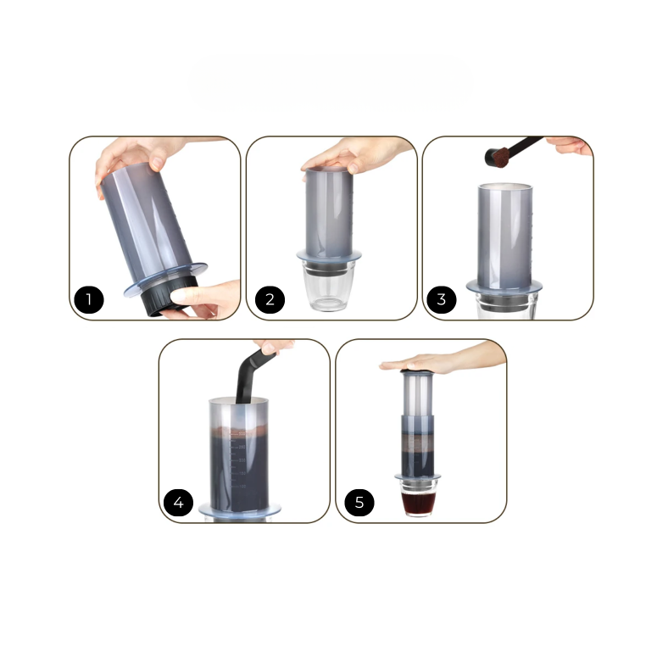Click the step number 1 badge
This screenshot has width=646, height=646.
coord(89,299)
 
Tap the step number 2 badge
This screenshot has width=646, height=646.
coord(270,299)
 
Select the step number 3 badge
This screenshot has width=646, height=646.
coord(441,299)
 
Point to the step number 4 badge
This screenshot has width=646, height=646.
coord(178,503)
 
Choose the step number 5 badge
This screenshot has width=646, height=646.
coord(359,503)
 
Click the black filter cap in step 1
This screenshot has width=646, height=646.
coord(168,296)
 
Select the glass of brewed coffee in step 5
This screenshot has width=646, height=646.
coord(418,498)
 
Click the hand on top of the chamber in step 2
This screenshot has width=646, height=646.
coord(356,156)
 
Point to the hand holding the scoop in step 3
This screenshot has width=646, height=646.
coord(571,146)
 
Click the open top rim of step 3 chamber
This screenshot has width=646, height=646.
coord(504,187)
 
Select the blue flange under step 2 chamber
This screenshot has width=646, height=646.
coord(329,256)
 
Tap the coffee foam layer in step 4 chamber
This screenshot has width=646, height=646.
coord(239,432)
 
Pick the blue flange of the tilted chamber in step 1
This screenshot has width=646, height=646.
coord(165,279)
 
